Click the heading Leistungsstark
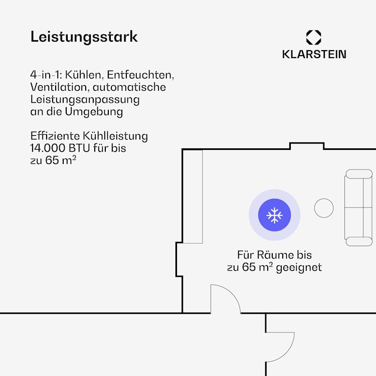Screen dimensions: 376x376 point(84,37)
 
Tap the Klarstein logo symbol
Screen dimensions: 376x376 point(313,38)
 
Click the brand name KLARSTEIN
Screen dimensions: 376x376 point(314,54)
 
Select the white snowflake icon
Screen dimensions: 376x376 point(274,215)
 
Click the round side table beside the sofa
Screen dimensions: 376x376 point(324,208)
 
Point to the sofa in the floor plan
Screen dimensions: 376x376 point(358,208)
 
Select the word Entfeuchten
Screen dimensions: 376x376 point(140,75)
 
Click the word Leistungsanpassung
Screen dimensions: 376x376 point(85,100)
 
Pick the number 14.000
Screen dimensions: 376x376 point(48,148)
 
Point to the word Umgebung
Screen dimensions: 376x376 point(94,112)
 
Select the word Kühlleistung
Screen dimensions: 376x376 point(115,136)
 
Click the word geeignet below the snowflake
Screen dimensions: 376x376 point(299,268)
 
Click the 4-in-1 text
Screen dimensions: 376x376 point(46,75)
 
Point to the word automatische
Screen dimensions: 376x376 point(129,87)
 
